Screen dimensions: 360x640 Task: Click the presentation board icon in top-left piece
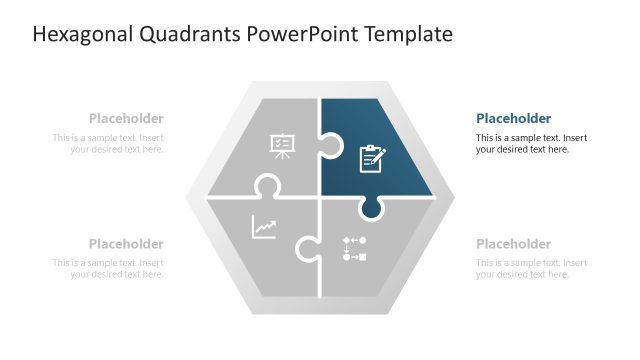click(x=282, y=147)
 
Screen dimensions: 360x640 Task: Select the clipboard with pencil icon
click(x=372, y=157)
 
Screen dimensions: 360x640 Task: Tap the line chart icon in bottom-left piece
click(x=264, y=228)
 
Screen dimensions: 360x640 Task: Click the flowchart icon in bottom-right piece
click(x=354, y=249)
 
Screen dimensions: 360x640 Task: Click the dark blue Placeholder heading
click(x=513, y=118)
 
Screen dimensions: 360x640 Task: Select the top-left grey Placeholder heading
click(x=126, y=118)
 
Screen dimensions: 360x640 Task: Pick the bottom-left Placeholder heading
click(x=126, y=244)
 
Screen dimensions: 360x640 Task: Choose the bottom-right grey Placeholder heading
click(x=513, y=244)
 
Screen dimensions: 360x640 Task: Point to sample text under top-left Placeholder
click(x=110, y=143)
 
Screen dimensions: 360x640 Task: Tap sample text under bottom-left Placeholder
click(x=110, y=268)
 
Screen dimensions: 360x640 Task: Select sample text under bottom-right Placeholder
click(x=530, y=268)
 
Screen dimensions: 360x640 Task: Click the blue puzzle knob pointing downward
click(x=371, y=207)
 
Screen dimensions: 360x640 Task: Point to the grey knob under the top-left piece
click(x=266, y=187)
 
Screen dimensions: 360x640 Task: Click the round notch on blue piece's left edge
click(x=331, y=151)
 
